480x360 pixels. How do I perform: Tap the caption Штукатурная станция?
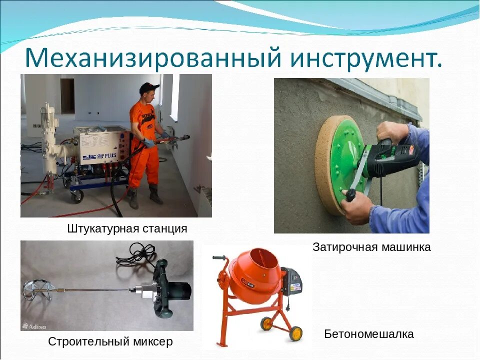pos(127,229)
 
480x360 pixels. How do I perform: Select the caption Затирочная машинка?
pos(371,247)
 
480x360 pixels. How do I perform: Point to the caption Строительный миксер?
pos(110,342)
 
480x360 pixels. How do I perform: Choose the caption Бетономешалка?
pos(369,334)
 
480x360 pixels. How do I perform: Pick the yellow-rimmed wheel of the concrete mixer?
pos(295,333)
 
